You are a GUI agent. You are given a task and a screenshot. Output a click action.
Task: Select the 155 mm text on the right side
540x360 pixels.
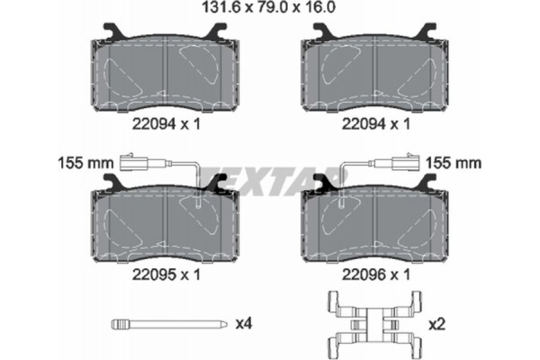point(454,163)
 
